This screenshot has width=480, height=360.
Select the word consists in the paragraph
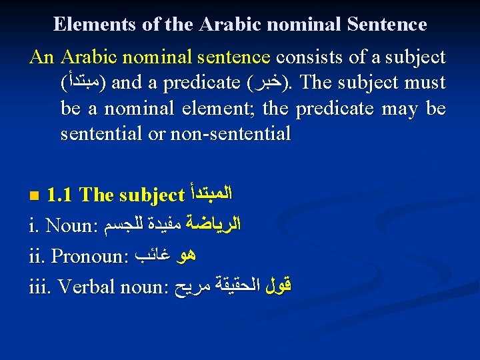pyautogui.click(x=311, y=57)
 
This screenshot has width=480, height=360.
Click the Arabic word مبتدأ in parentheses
pyautogui.click(x=85, y=83)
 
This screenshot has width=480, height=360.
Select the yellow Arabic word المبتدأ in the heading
pyautogui.click(x=210, y=195)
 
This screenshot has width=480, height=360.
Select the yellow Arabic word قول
pyautogui.click(x=279, y=286)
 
